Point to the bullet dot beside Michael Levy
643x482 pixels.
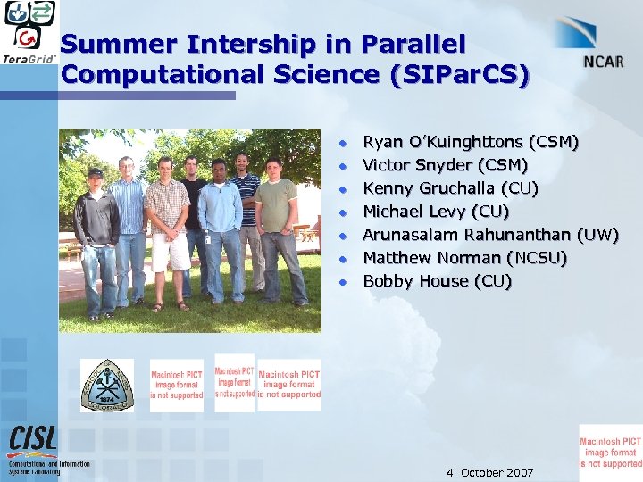[x=341, y=212]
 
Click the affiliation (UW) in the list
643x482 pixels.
[x=597, y=235]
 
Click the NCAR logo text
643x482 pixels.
[x=604, y=62]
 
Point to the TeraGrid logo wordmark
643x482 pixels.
[x=29, y=59]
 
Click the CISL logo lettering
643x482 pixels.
[x=34, y=440]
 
